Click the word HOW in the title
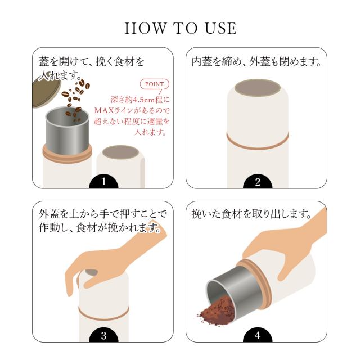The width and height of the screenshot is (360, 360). pos(145,29)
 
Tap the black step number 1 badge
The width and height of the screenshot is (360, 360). pos(103,182)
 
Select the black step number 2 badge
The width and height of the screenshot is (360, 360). pos(258,182)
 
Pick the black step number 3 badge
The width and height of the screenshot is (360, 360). pos(103,336)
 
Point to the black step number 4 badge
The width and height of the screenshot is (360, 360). pos(258,336)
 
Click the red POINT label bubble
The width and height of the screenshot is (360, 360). pos(155,84)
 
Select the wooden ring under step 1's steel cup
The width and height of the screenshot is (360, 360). pos(67,154)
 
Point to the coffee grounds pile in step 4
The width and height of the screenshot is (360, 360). pos(217,310)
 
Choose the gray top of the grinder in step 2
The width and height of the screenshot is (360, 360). pos(258,88)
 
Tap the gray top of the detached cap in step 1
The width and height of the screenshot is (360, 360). pos(120,152)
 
